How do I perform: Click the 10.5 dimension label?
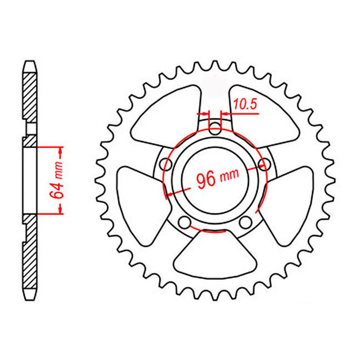pos(245,104)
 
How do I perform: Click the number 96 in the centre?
pos(206,180)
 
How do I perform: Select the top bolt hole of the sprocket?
pos(215,129)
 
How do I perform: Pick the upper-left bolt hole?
pos(166,164)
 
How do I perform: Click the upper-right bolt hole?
pos(264,164)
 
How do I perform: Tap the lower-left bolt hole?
pos(184,222)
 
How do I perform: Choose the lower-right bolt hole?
pos(246,222)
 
